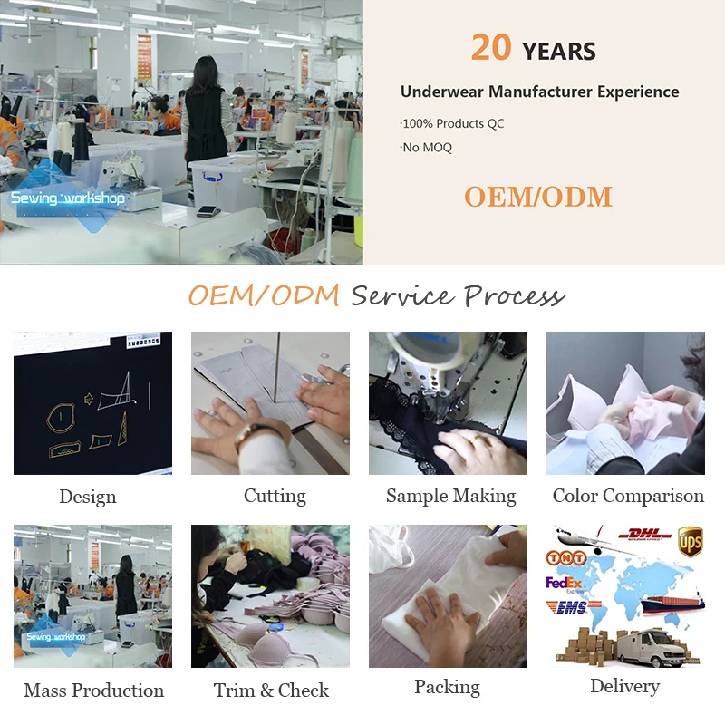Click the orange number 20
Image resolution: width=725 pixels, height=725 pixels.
point(491,47)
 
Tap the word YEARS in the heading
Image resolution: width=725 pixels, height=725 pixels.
point(559,52)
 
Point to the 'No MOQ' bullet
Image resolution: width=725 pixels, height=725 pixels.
point(426,148)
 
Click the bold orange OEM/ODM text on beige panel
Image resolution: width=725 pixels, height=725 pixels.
point(538,197)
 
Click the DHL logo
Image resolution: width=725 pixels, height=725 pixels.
point(645,535)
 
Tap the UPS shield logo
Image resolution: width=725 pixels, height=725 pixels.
point(691,541)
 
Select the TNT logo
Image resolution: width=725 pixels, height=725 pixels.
point(566,558)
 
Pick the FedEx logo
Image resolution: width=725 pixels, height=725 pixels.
point(565,584)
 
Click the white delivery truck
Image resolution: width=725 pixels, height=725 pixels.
point(652,648)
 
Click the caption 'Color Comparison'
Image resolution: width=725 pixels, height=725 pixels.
point(628,496)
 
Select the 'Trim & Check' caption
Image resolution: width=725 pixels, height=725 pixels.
point(271,691)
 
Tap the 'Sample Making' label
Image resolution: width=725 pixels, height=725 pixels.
point(450,497)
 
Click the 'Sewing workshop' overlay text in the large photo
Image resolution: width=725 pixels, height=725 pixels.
point(67,198)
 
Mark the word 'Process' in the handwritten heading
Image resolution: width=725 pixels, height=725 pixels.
point(514,296)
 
